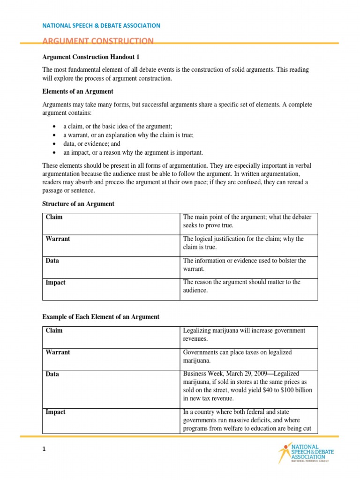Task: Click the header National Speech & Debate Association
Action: (x=101, y=25)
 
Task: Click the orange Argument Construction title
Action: (x=98, y=41)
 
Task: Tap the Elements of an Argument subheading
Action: (x=78, y=91)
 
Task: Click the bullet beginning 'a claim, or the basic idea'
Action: (x=119, y=127)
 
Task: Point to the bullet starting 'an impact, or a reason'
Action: (x=134, y=152)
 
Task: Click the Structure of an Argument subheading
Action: (x=78, y=204)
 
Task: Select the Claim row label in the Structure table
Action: (x=54, y=217)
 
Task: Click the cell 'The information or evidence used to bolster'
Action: (x=244, y=265)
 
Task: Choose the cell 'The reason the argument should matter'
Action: (x=241, y=286)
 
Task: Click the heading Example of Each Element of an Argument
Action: (x=101, y=317)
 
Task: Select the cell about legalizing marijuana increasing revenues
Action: (x=244, y=335)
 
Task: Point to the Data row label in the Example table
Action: (x=52, y=375)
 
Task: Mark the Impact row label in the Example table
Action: (x=55, y=412)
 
